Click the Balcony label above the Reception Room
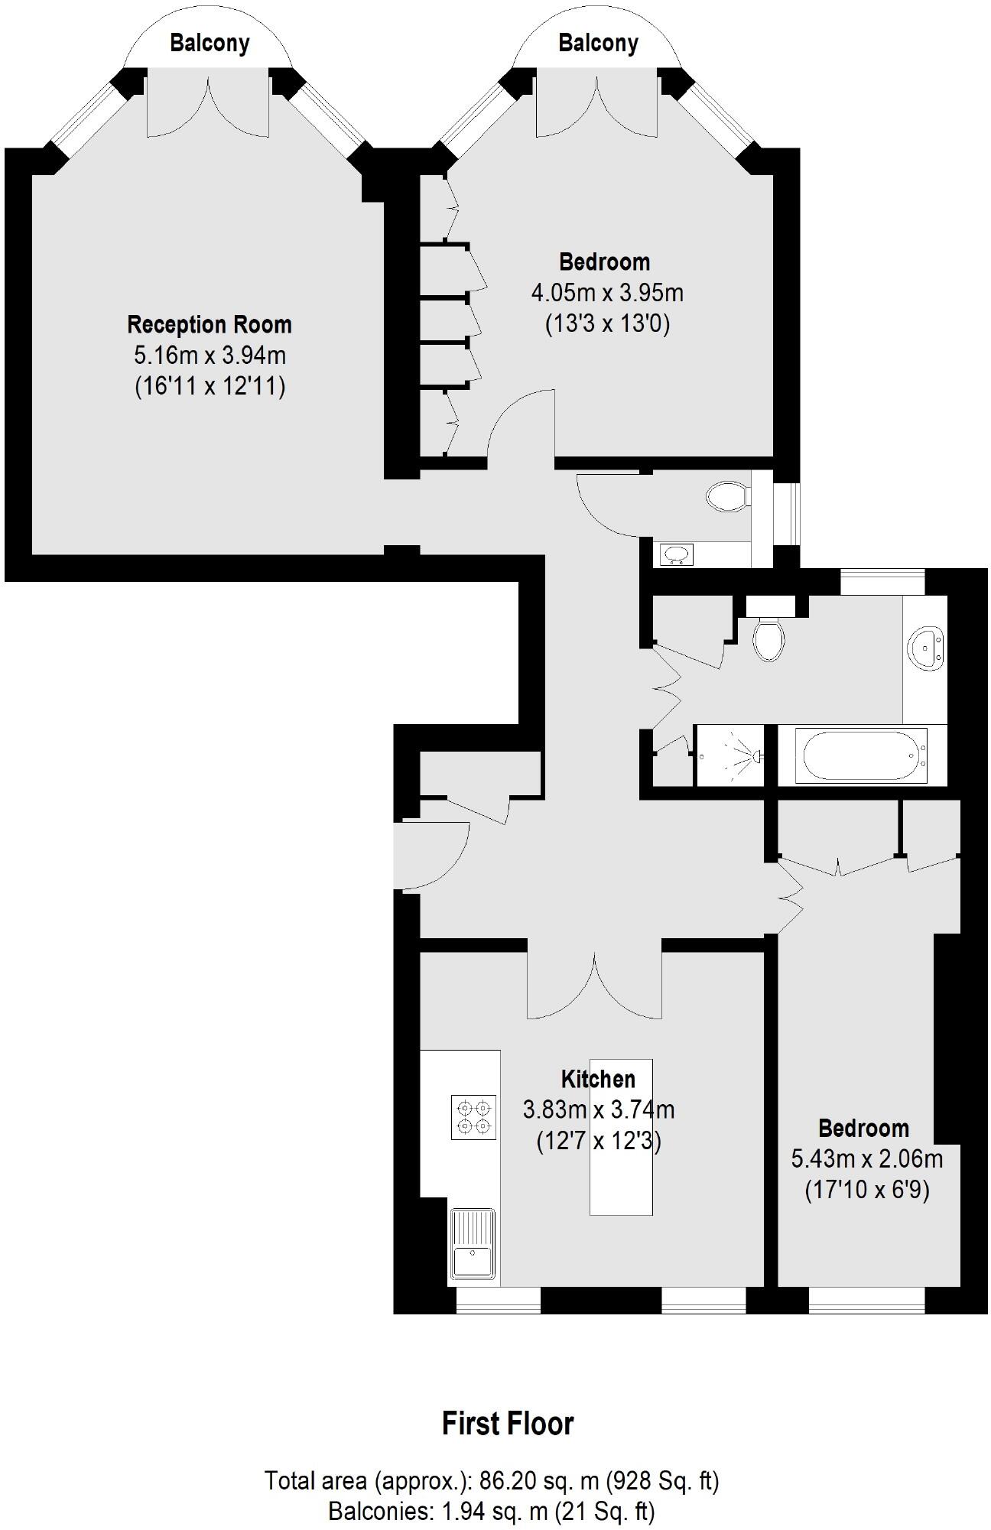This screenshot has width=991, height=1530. [x=210, y=43]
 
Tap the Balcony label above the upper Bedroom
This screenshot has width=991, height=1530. [x=598, y=43]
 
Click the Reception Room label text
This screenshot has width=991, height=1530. [x=210, y=324]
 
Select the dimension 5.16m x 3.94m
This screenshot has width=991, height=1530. [x=210, y=356]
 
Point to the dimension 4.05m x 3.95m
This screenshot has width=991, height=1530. [x=607, y=293]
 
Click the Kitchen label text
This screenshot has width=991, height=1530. [x=598, y=1079]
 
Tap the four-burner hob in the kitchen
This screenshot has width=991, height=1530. [x=473, y=1118]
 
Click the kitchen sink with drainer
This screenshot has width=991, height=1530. [x=473, y=1243]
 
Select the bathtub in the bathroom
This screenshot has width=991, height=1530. [x=861, y=755]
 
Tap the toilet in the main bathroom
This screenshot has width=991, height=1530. [x=767, y=637]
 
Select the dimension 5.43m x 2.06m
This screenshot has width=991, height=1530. [x=866, y=1159]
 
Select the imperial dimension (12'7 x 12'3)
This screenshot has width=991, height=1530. [x=599, y=1142]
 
